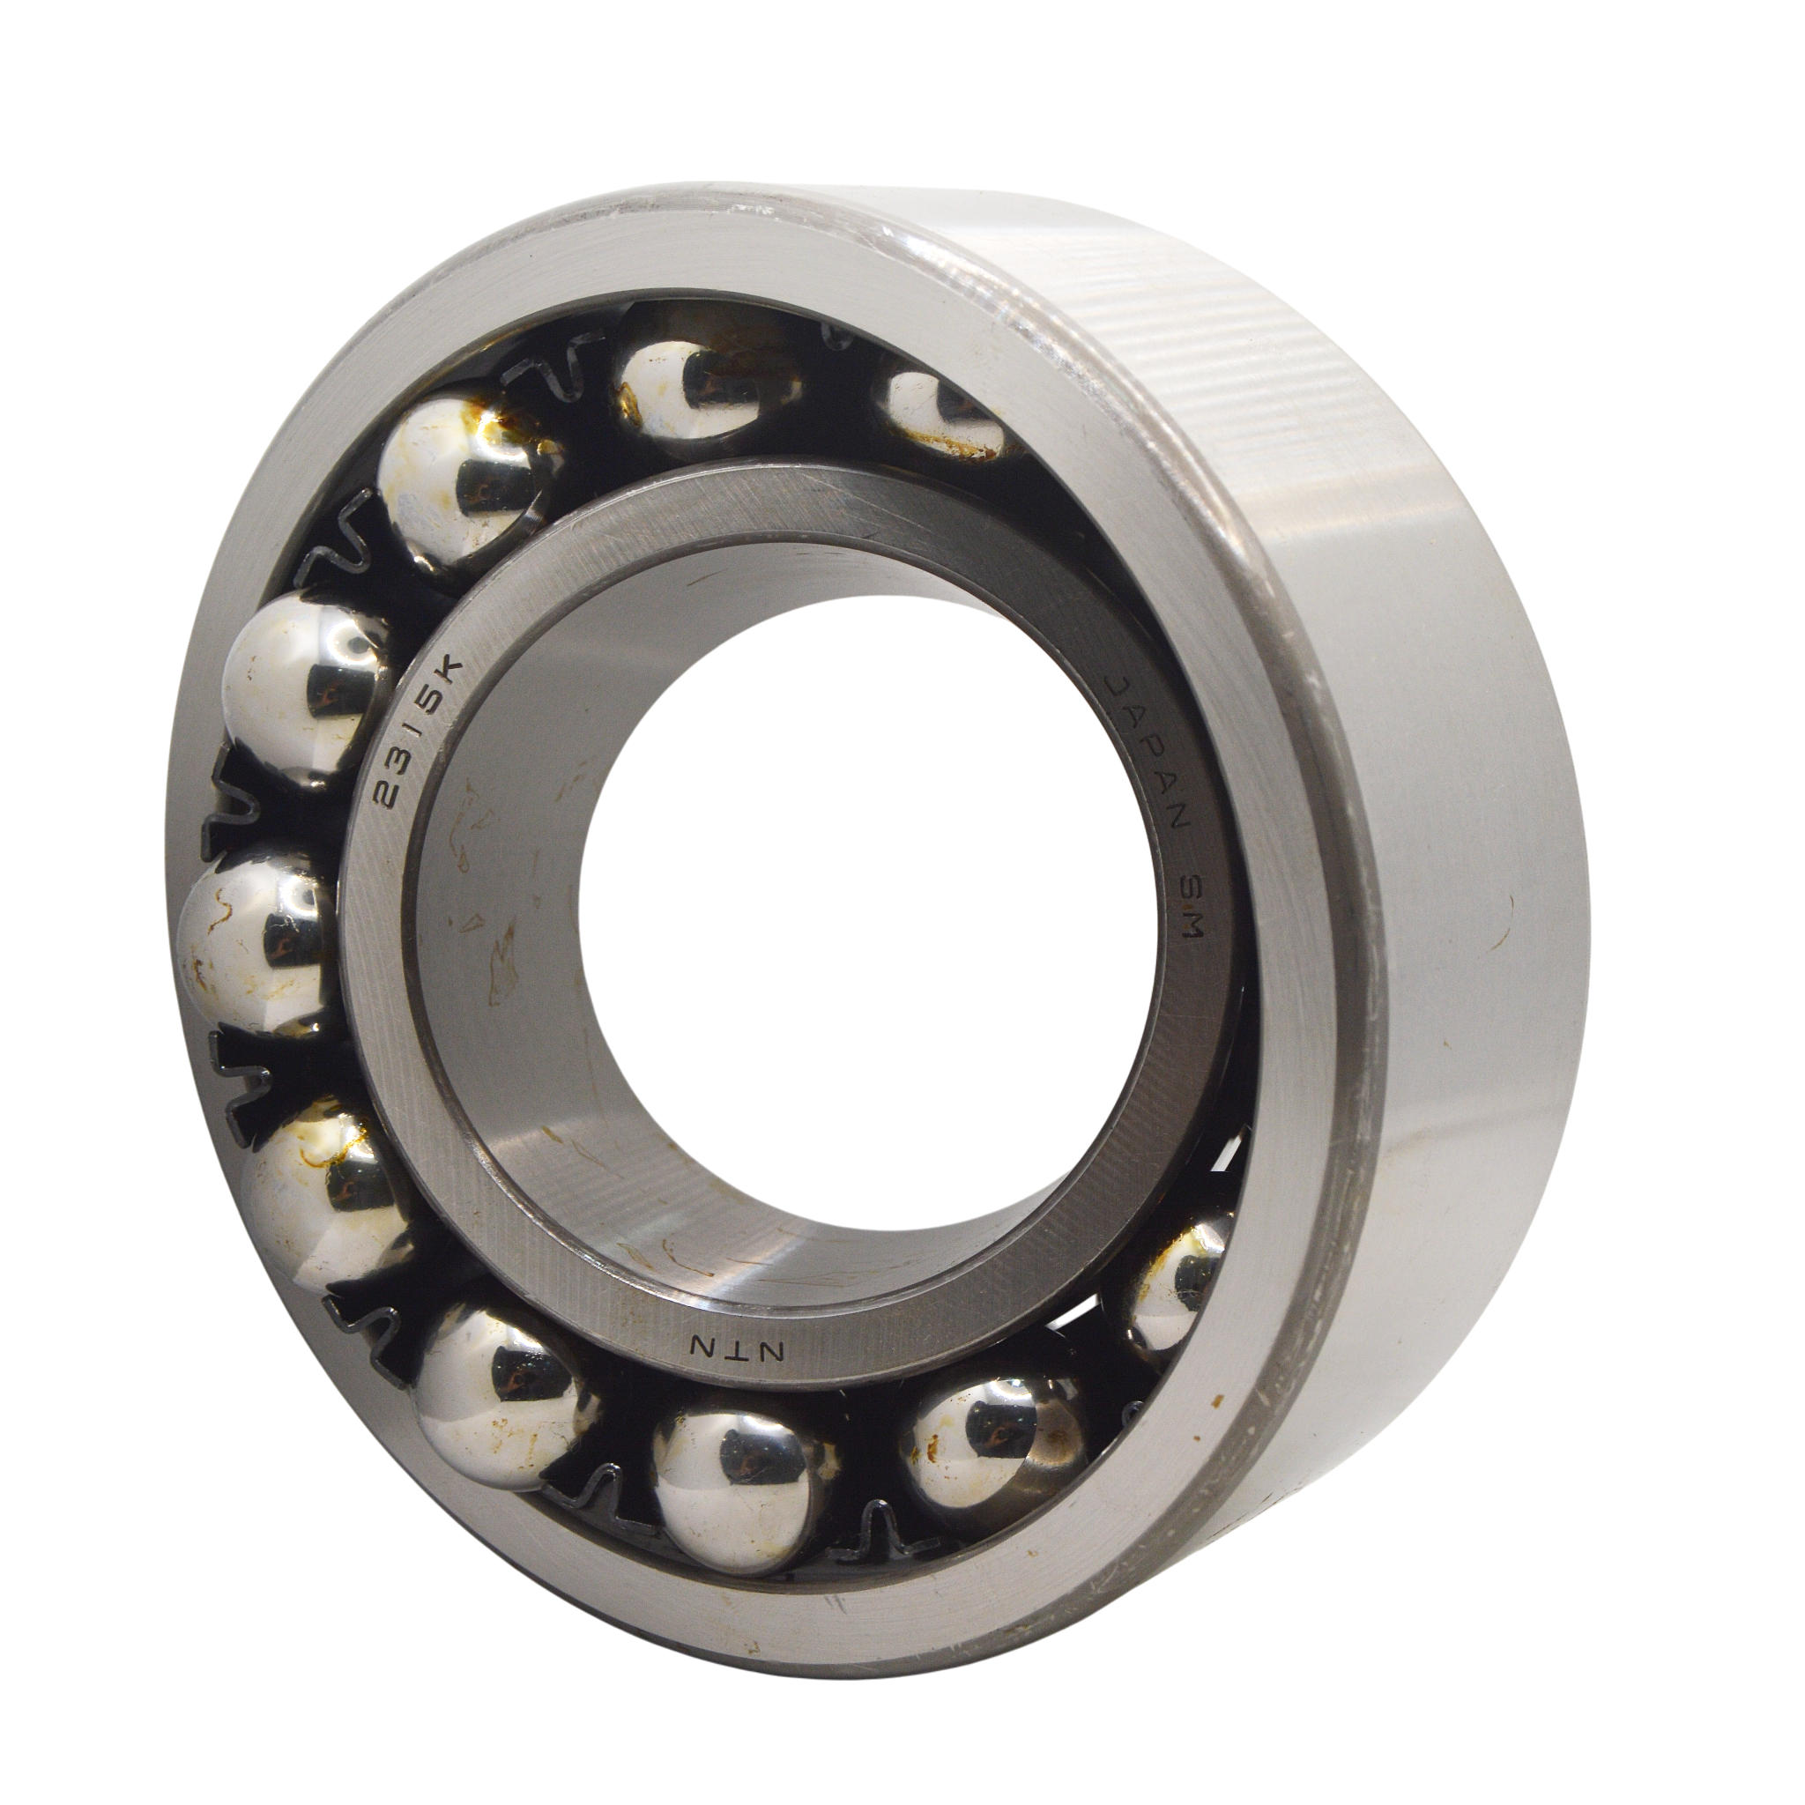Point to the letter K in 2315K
pyautogui.click(x=449, y=669)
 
